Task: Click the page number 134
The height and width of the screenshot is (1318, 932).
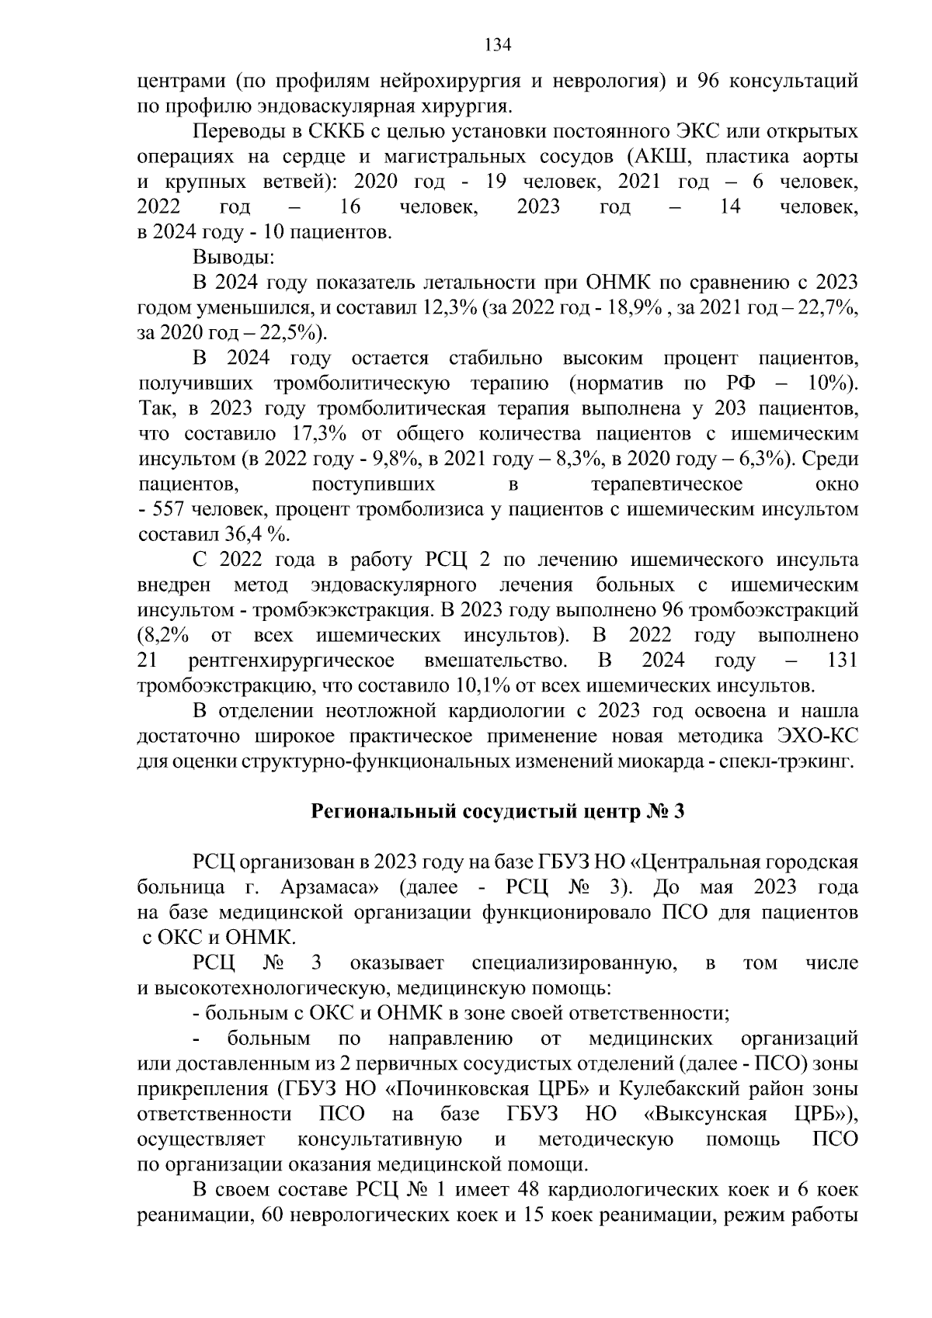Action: tap(498, 44)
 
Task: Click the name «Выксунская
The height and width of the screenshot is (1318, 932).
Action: tap(705, 1115)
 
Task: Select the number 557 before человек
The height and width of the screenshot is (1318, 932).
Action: tap(168, 509)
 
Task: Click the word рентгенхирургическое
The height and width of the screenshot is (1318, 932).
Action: tap(291, 661)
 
